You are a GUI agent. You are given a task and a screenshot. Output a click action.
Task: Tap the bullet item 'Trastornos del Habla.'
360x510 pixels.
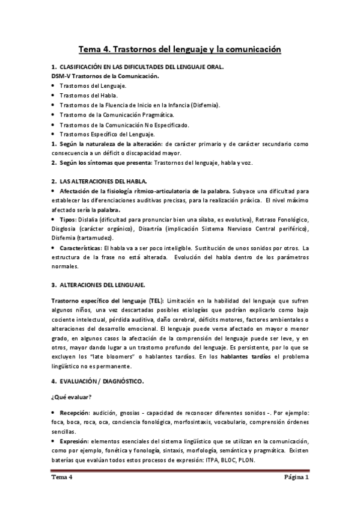(89, 96)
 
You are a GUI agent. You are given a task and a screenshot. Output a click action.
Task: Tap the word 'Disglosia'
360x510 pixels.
(66, 229)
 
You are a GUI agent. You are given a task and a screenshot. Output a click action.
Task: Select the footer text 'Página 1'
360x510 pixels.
(296, 479)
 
